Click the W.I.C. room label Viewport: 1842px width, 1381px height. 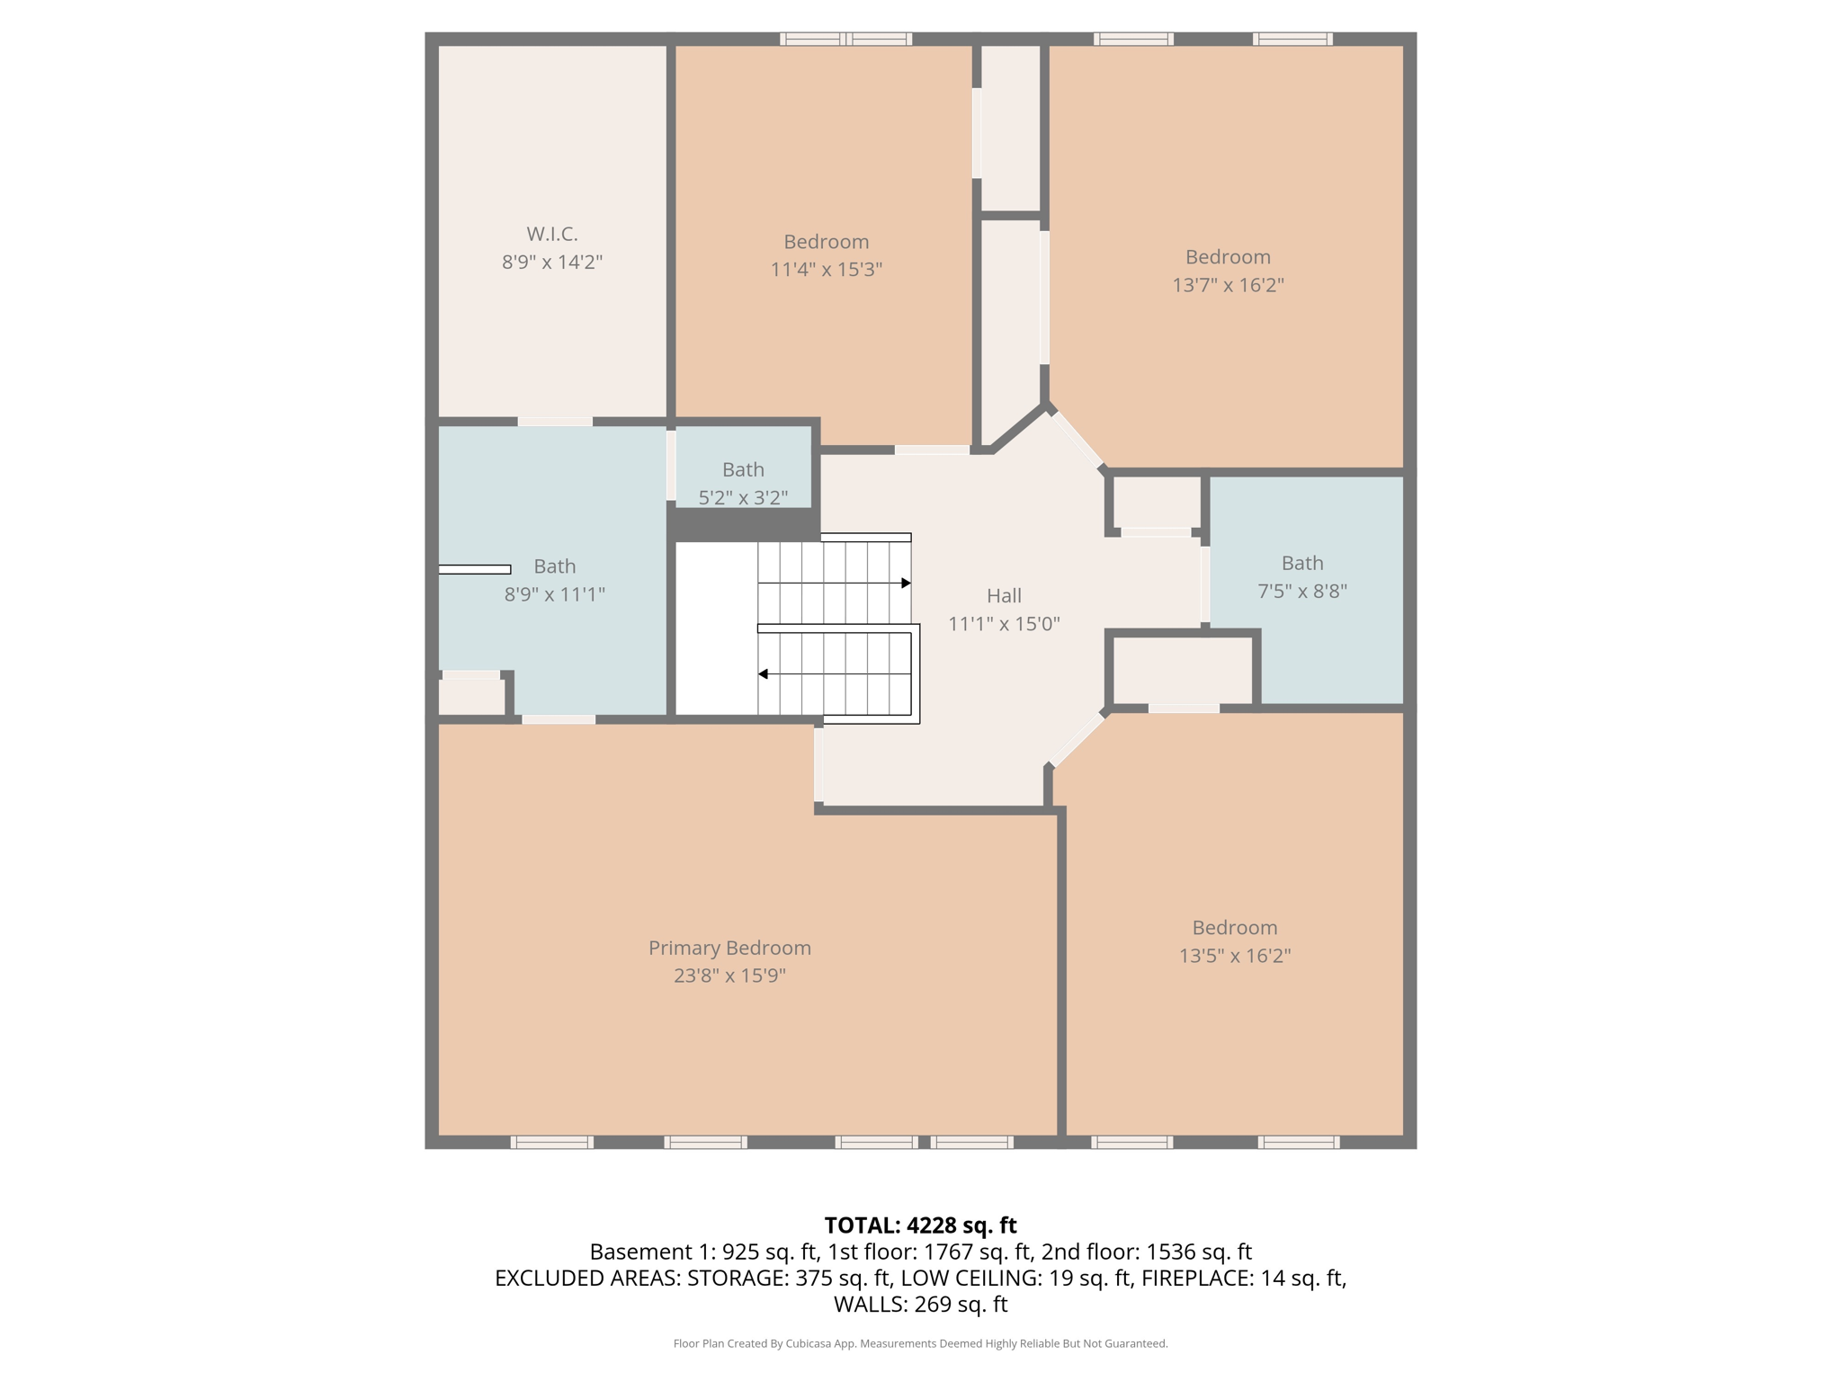(551, 234)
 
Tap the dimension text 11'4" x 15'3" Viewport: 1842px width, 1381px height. (826, 269)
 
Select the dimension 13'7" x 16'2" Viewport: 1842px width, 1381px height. (1227, 284)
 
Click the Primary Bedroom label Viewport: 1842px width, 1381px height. (729, 948)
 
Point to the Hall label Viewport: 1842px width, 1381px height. (1004, 595)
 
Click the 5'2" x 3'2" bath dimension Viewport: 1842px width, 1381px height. (743, 497)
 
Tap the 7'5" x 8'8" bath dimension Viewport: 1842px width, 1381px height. (1301, 591)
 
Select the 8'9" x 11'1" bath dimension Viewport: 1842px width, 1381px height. (554, 593)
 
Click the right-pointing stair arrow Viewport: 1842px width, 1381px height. (905, 584)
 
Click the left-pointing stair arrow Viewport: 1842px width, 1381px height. (764, 673)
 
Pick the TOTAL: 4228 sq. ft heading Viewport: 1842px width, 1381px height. (920, 1225)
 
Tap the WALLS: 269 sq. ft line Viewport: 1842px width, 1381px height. (920, 1304)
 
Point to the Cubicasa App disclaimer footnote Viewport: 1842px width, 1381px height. (920, 1343)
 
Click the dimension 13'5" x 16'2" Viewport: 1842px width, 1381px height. (1234, 955)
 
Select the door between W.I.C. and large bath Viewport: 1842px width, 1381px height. (555, 422)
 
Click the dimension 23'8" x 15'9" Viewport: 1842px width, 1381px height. (729, 976)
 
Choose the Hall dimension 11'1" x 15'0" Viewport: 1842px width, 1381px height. (1004, 623)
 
